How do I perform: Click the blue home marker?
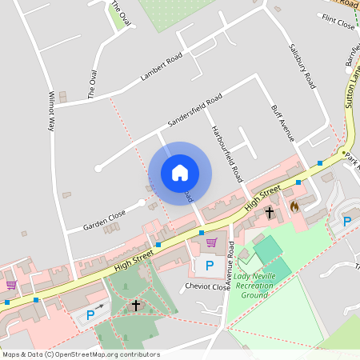[x=180, y=173]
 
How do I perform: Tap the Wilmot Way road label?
[x=53, y=110]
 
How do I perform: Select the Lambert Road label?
[x=162, y=67]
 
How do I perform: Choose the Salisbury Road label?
[x=302, y=66]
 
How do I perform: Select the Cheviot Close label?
[x=207, y=286]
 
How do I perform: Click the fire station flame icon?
[x=294, y=206]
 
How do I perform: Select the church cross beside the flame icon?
[x=270, y=213]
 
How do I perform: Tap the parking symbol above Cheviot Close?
[x=210, y=265]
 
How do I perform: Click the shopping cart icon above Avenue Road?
[x=211, y=242]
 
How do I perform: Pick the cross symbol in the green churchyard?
[x=136, y=305]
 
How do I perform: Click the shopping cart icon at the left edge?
[x=11, y=284]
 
